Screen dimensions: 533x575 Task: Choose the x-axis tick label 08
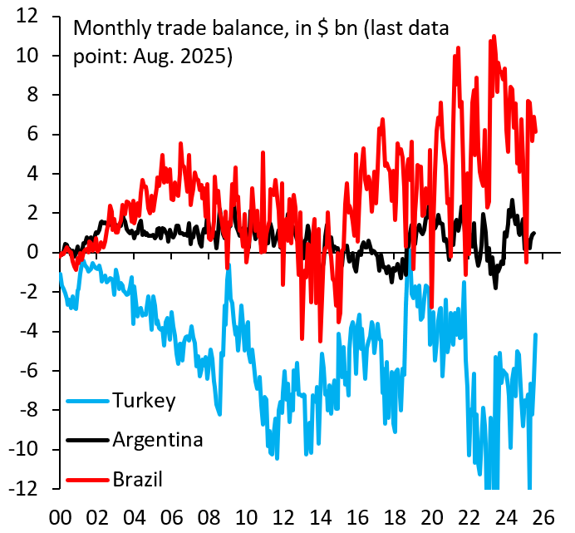(x=210, y=516)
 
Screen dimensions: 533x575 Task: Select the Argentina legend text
(x=158, y=439)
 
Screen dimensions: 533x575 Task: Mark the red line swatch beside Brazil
(x=87, y=480)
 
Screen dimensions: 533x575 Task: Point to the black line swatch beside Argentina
(x=87, y=441)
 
